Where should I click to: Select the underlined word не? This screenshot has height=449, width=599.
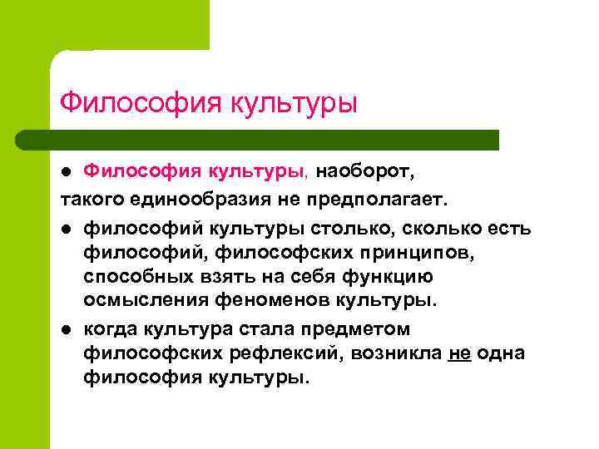[458, 353]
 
